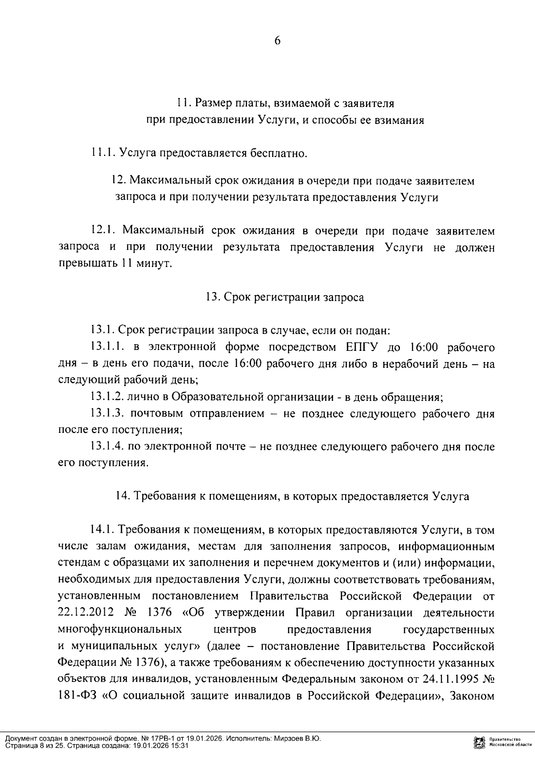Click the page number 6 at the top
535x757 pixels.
(277, 41)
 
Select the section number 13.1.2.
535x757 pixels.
(107, 396)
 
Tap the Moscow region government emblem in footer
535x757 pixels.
(480, 742)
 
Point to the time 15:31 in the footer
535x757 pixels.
(181, 745)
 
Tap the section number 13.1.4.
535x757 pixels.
(107, 446)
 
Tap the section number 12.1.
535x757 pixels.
(103, 231)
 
